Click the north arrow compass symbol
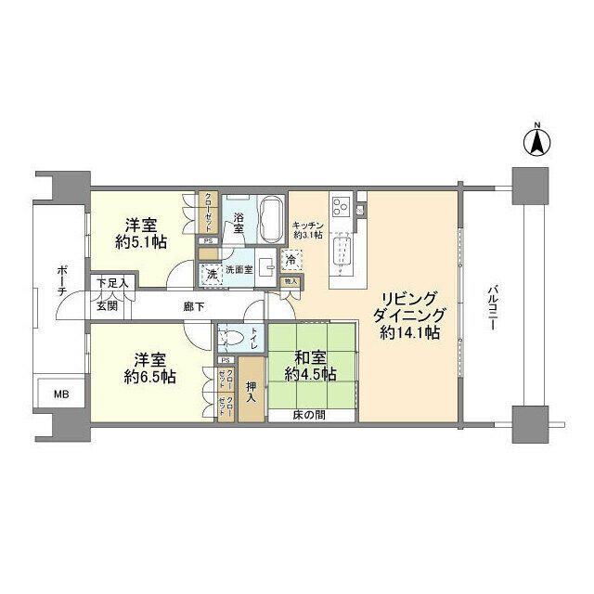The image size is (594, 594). tap(536, 142)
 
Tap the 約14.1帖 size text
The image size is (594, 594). tap(409, 332)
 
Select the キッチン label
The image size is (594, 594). tap(307, 224)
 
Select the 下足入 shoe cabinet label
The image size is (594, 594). tap(114, 283)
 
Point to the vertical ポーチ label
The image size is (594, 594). tap(61, 279)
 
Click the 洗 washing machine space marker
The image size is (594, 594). tap(211, 275)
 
